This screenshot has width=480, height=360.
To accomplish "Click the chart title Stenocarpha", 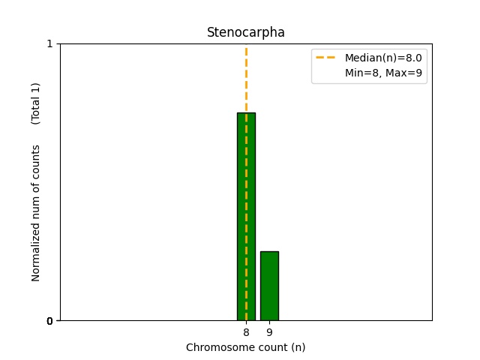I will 245,32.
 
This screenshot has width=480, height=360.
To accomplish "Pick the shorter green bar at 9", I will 269,286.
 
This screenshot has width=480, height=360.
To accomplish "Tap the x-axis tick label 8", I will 246,332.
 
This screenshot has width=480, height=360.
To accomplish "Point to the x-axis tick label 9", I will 269,332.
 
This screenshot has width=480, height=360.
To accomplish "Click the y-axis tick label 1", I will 49,43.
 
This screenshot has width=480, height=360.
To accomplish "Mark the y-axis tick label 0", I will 49,321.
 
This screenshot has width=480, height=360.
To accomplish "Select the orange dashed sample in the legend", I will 328,58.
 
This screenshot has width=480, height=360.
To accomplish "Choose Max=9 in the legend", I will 407,73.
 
